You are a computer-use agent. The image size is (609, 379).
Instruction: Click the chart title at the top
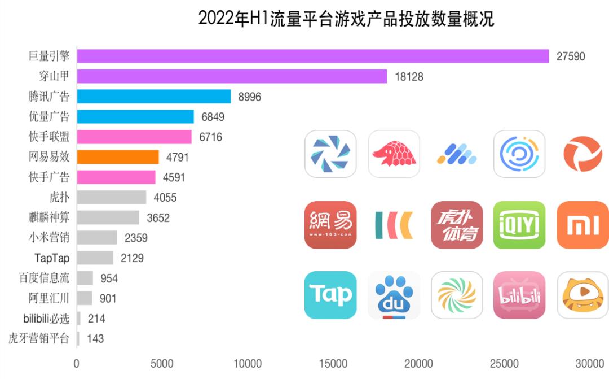point(346,19)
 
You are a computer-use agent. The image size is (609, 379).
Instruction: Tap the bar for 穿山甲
point(232,76)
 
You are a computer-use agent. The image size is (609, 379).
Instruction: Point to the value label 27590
point(570,56)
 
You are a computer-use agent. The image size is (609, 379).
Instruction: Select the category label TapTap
point(52,258)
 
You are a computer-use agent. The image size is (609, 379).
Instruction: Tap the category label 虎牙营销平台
point(39,339)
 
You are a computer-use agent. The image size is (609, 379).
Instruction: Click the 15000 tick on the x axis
point(333,363)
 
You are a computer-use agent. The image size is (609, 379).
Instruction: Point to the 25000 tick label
point(504,363)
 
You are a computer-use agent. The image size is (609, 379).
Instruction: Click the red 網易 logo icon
point(330,225)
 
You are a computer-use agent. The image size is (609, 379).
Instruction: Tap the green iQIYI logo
point(519,225)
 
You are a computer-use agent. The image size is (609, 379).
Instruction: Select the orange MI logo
point(582,225)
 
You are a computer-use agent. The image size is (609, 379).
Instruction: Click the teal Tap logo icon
point(330,295)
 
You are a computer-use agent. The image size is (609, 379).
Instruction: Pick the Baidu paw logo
point(394,295)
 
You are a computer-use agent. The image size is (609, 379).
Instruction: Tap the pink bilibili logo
point(519,295)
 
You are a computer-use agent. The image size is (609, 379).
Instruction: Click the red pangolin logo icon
point(394,154)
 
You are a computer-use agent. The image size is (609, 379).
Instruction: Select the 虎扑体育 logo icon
point(457,225)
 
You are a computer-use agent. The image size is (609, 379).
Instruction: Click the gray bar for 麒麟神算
point(108,218)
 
